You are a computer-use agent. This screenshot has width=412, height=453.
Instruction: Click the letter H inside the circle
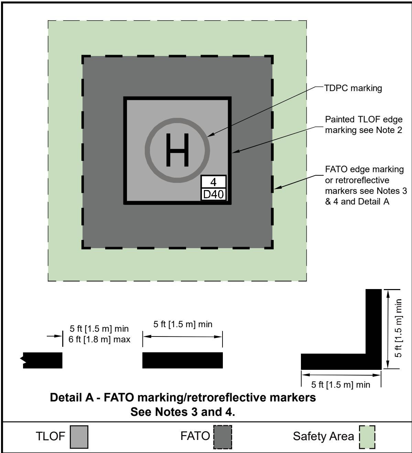(x=177, y=150)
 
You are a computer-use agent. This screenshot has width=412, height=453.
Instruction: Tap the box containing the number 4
(x=213, y=182)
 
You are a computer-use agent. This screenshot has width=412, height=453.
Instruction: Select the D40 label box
(x=213, y=194)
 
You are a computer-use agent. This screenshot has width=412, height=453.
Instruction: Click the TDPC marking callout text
(x=353, y=88)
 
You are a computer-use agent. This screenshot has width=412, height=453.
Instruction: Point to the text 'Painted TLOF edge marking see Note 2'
(x=364, y=125)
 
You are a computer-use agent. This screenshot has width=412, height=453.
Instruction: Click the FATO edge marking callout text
(x=366, y=185)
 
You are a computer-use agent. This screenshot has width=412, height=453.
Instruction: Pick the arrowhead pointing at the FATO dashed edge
(x=278, y=187)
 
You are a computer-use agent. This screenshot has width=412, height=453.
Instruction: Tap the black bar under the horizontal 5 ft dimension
(x=183, y=360)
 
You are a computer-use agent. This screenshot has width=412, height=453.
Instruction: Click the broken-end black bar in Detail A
(x=43, y=360)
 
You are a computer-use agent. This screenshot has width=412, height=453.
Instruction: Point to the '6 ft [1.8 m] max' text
(x=99, y=340)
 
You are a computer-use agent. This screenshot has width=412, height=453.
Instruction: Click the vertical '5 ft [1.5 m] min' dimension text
(x=398, y=328)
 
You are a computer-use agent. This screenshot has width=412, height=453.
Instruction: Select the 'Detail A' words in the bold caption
(x=72, y=397)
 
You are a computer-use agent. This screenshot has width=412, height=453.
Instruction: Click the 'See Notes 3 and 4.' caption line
(x=183, y=412)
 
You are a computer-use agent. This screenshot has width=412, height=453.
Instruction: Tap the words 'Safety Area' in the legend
(x=323, y=436)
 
